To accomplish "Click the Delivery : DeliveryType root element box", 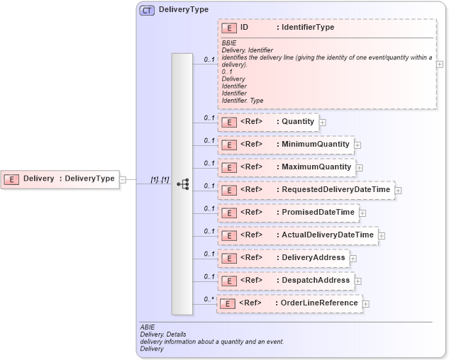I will point(60,179).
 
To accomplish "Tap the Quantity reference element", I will point(268,122).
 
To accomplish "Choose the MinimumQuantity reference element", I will point(285,145).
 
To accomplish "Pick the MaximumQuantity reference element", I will point(285,167).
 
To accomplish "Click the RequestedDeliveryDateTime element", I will point(306,190).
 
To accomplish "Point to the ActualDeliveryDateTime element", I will point(297,235).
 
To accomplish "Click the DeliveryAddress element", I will point(283,258).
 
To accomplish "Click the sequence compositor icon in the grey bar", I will point(182,184).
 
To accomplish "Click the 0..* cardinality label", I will point(209,299).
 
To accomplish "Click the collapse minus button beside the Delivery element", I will point(123,179).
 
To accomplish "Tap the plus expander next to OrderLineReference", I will point(366,304).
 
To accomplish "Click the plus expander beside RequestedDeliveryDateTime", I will point(398,191).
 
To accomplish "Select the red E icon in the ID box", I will point(229,28).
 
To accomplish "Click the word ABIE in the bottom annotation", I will point(148,327).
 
